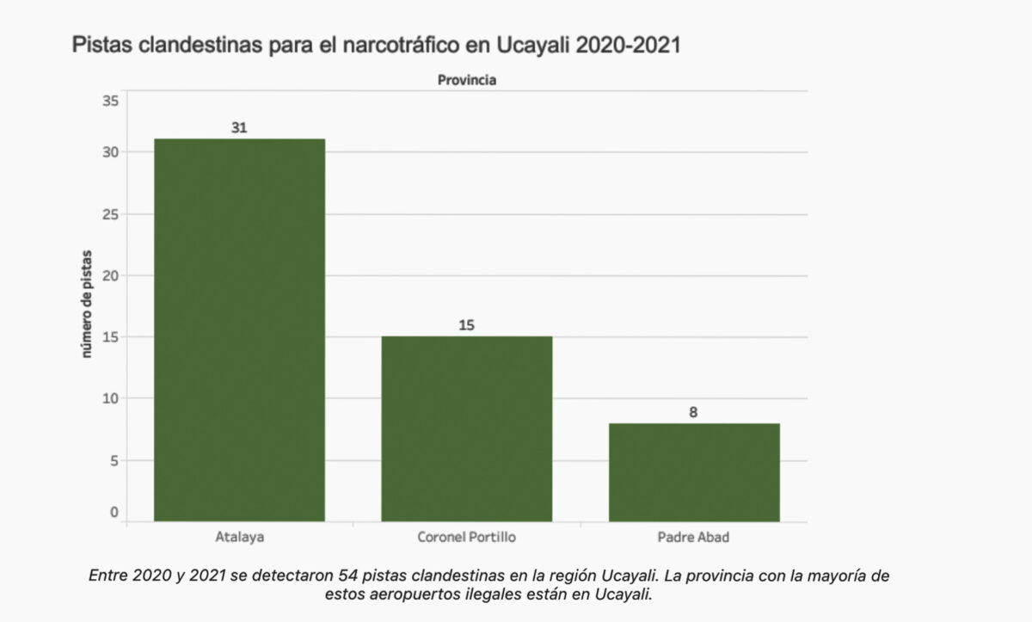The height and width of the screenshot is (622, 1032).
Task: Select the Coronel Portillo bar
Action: (x=466, y=428)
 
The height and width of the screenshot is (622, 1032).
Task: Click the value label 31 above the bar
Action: (x=239, y=127)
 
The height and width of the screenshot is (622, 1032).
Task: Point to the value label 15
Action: (x=467, y=325)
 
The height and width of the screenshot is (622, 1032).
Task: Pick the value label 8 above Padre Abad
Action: (x=693, y=412)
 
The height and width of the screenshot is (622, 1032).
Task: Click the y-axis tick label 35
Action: (x=110, y=101)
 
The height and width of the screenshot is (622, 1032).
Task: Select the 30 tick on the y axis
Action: (x=110, y=151)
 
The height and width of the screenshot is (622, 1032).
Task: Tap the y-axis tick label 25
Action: (x=110, y=213)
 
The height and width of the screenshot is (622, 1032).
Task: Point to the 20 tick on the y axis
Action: (x=110, y=275)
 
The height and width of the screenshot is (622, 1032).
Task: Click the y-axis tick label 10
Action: (x=110, y=398)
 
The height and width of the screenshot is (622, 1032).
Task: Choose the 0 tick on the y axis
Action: (x=114, y=513)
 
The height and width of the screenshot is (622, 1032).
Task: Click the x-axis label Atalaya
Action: (x=239, y=538)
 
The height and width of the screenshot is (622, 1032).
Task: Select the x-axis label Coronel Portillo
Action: (x=466, y=538)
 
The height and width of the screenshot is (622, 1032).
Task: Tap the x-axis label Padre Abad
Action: (x=694, y=538)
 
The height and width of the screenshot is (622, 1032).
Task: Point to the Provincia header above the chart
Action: (x=467, y=80)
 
